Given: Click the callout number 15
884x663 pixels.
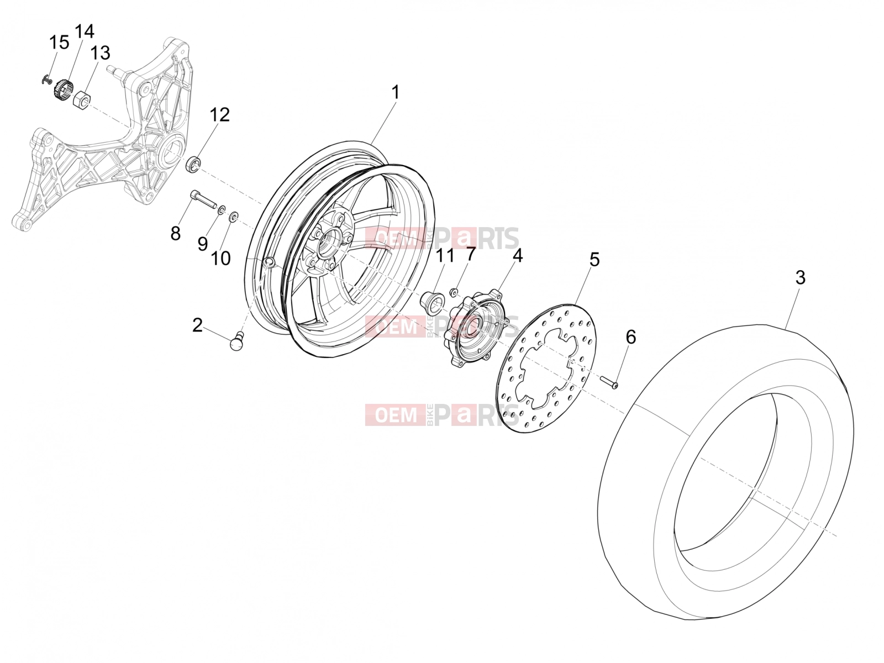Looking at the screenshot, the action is [59, 43].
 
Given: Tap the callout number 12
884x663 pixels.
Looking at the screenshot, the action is [219, 115].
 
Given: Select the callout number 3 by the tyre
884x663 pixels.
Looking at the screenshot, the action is [800, 278].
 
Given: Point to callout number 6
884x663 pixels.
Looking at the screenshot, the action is [630, 337].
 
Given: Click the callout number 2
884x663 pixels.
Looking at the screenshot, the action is [197, 325].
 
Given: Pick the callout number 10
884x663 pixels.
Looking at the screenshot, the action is [220, 259].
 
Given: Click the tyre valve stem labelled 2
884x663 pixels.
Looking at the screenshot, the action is [237, 340].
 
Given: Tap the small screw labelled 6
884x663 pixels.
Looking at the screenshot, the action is [609, 382].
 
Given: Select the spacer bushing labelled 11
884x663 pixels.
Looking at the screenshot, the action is [432, 304].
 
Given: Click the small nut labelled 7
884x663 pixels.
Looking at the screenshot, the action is [454, 292].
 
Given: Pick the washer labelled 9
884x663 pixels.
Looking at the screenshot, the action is [221, 210].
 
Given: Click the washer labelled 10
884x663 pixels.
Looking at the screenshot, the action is [233, 217].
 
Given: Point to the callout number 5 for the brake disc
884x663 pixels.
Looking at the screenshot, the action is [594, 260].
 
